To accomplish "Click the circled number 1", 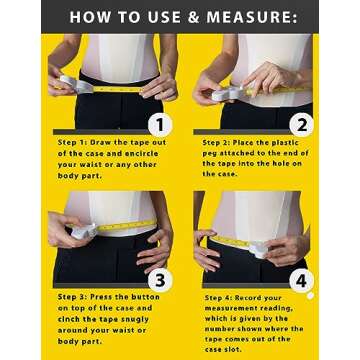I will tap(156, 124).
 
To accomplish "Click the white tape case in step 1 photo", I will tap(62, 83).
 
